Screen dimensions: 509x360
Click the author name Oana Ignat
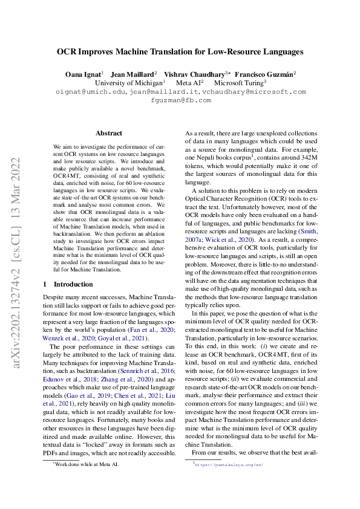click(83, 73)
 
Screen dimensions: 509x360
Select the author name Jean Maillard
click(133, 73)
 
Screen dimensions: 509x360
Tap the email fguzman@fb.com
click(180, 100)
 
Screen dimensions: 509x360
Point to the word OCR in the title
click(68, 52)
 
